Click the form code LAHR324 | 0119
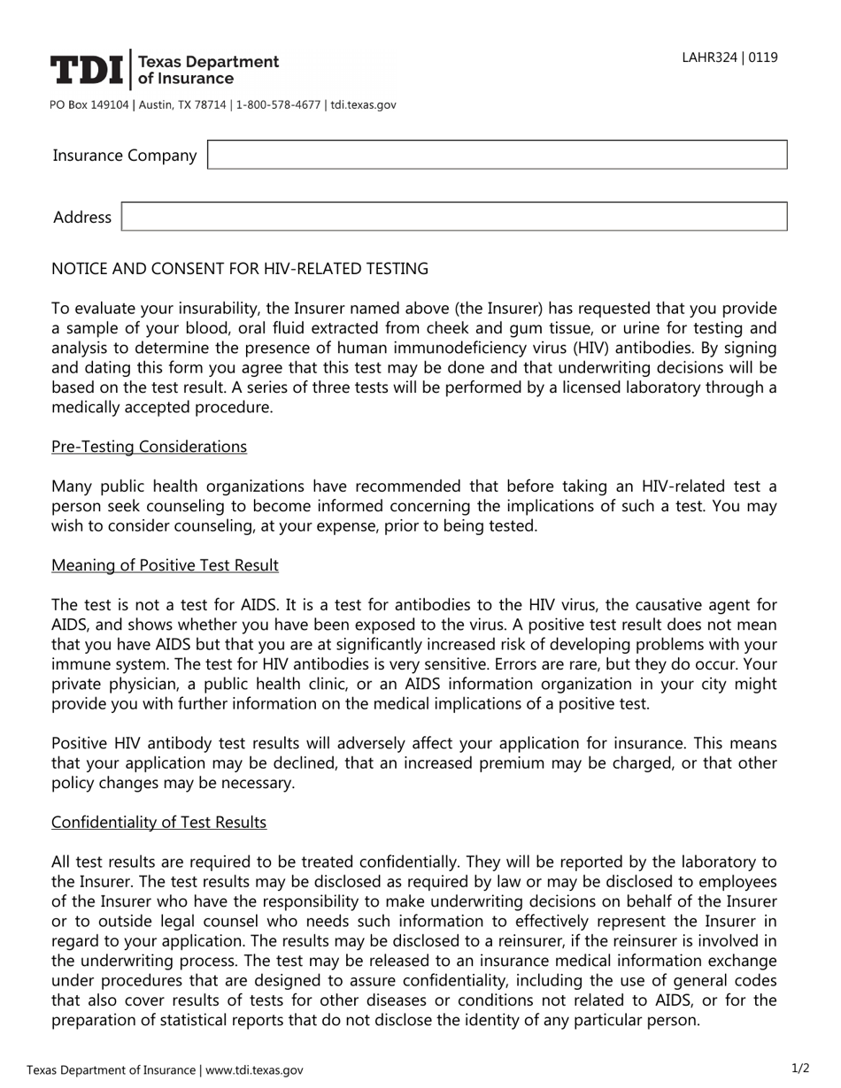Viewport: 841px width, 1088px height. point(729,57)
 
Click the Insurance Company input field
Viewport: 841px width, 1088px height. point(497,155)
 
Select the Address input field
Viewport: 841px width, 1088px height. point(453,217)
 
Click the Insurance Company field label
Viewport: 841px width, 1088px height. point(125,156)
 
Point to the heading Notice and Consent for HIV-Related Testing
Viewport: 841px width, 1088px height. point(240,268)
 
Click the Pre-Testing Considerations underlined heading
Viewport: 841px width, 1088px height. point(149,447)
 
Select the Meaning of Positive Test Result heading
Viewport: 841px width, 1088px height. point(165,565)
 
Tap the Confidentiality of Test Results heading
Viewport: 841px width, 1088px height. point(158,823)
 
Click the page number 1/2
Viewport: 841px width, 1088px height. point(799,1069)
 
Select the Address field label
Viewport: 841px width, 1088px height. point(82,218)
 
